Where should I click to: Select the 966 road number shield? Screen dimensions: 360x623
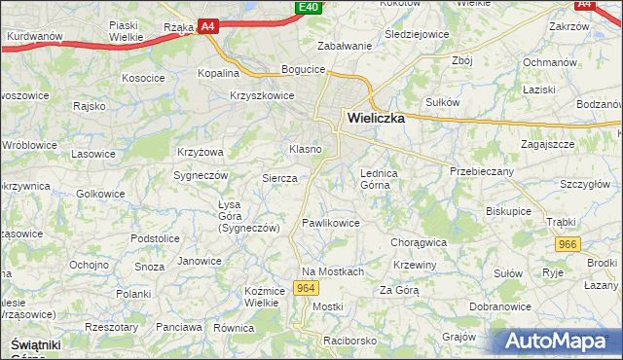tap(565, 245)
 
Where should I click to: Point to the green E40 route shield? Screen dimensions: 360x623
tap(309, 7)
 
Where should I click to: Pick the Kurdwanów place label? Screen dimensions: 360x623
tap(34, 37)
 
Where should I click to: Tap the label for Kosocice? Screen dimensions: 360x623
tap(143, 77)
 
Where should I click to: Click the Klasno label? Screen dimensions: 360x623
tap(306, 149)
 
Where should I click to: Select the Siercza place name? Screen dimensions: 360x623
tap(279, 179)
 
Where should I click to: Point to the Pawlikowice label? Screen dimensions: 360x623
tap(331, 223)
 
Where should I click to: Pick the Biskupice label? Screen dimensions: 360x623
tap(509, 210)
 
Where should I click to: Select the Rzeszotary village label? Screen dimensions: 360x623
tap(112, 327)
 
